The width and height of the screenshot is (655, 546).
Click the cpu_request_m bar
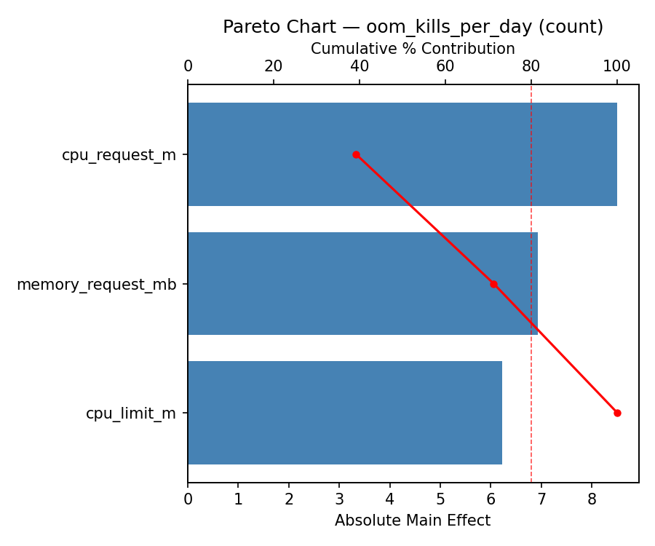pos(402,154)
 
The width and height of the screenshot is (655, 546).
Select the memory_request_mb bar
pos(362,284)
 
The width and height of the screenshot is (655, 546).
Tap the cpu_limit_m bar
pos(344,413)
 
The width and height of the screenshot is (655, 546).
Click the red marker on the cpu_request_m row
pos(356,154)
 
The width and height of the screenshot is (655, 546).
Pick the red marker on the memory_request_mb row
pos(493,284)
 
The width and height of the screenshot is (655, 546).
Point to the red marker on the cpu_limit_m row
pos(617,413)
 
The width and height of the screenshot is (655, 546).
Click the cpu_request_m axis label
pos(119,154)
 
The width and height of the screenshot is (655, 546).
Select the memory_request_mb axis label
pos(96,284)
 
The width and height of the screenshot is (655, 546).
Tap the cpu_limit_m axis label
pos(131,413)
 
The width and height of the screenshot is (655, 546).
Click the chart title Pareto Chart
pos(413,27)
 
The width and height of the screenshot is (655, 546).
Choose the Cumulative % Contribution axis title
pos(413,49)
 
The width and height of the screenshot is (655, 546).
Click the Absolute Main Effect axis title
pos(413,521)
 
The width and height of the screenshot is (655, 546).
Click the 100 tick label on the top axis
pos(617,66)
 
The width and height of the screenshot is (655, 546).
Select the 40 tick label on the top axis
pos(360,66)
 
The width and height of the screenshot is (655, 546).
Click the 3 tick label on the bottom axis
pos(339,499)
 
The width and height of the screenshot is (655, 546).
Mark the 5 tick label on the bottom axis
pos(440,499)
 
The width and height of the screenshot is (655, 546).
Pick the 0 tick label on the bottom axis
pos(188,499)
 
